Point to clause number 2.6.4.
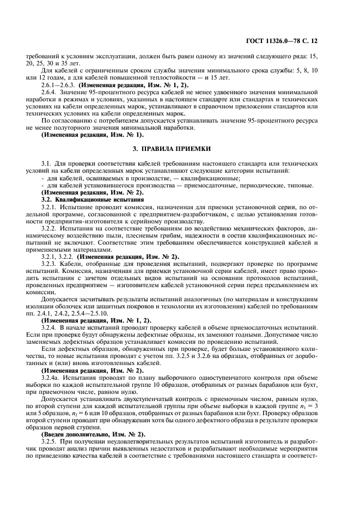click(52, 93)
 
